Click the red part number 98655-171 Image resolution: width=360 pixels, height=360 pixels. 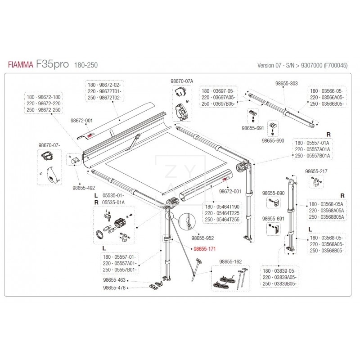tap(204, 248)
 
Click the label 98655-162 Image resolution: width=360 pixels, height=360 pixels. tap(230, 261)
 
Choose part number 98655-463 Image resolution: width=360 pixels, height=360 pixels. tap(114, 280)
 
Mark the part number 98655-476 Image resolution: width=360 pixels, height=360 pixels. tap(114, 288)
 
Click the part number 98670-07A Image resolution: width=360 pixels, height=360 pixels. tap(181, 81)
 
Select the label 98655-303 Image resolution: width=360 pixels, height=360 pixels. tap(286, 83)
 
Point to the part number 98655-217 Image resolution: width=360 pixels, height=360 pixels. tap(316, 171)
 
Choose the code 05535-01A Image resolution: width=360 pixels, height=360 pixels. tap(114, 202)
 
